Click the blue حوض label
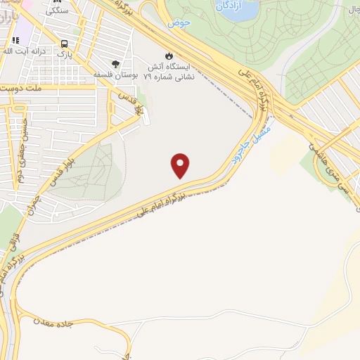pos(179,22)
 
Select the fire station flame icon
pos(167,55)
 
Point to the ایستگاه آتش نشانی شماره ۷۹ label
pos(167,70)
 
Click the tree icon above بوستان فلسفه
pos(116,62)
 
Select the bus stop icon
pos(63,39)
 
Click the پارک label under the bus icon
pos(64,52)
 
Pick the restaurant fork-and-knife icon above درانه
pos(15,40)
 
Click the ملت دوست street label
pos(26,89)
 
